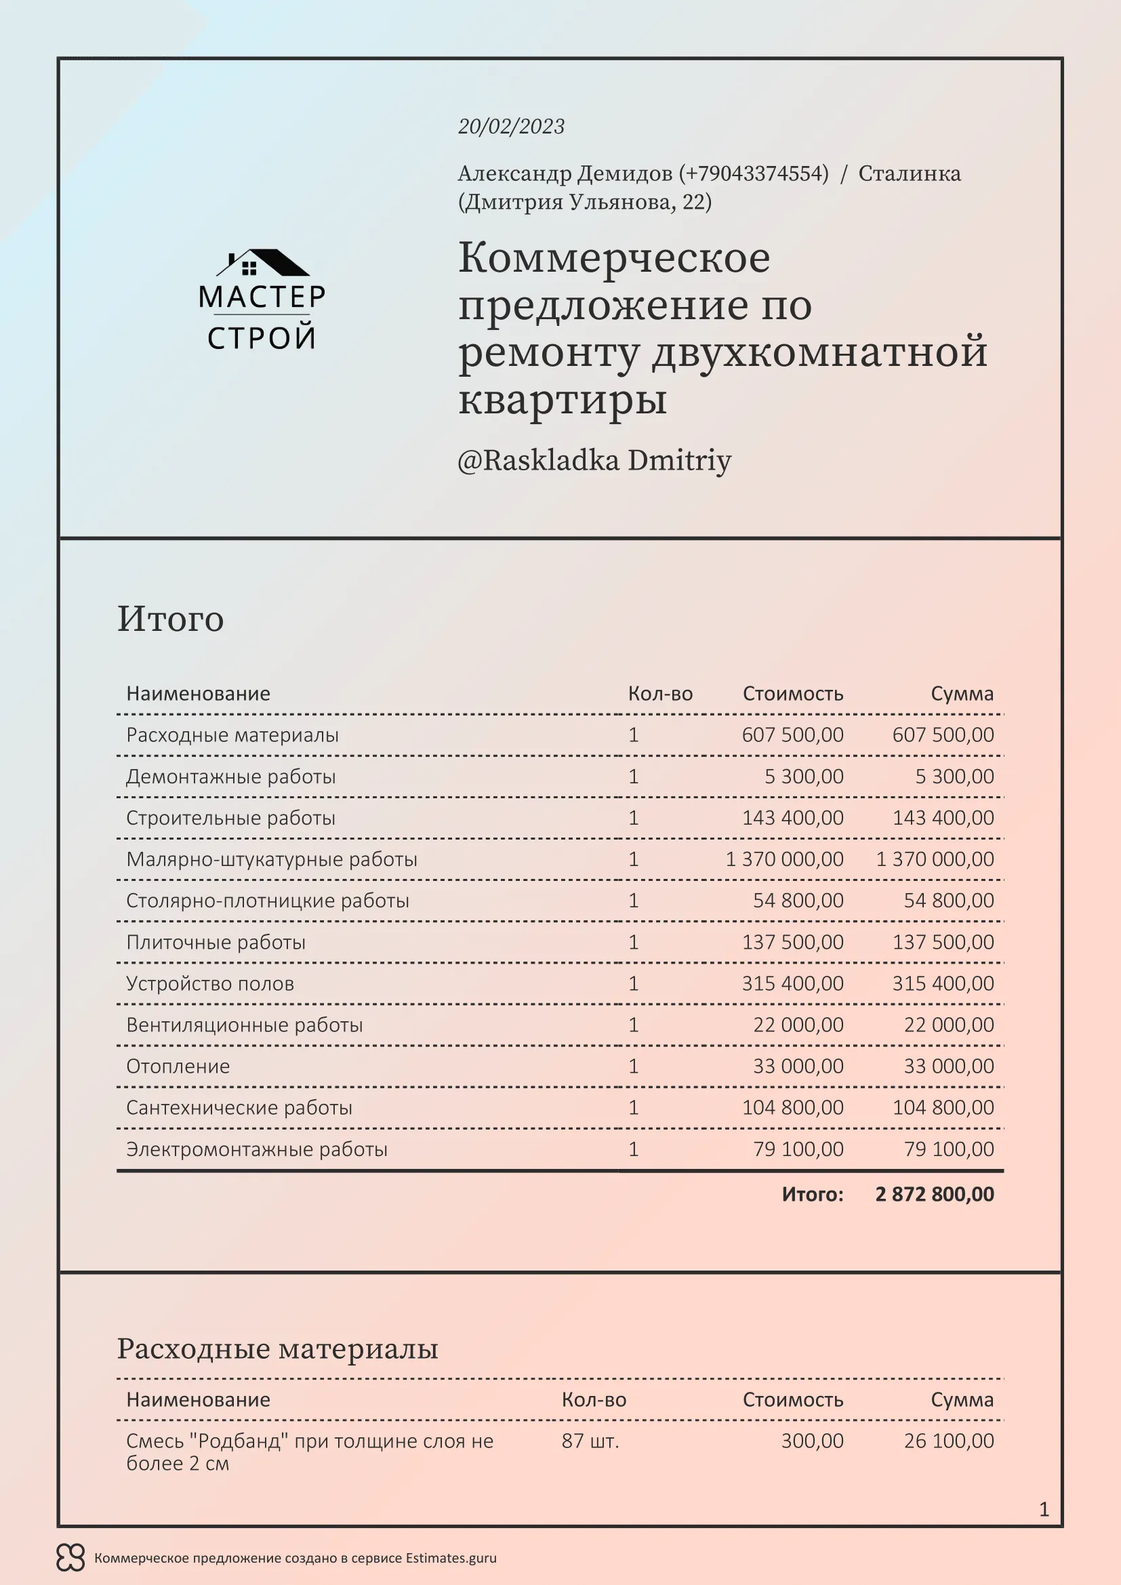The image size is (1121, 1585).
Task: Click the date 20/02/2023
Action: click(x=511, y=126)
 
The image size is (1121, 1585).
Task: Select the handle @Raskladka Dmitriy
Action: click(x=594, y=460)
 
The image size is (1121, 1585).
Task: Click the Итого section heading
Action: click(x=171, y=619)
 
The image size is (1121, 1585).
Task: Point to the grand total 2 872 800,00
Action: click(x=934, y=1194)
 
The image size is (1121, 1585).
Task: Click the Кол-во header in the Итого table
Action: click(x=660, y=694)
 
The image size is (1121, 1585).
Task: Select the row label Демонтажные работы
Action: click(x=230, y=777)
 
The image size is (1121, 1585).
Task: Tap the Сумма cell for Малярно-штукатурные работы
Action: click(x=935, y=859)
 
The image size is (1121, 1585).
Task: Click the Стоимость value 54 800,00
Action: click(x=798, y=901)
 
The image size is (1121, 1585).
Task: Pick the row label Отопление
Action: click(x=178, y=1067)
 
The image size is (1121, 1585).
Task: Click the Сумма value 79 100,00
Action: click(x=948, y=1149)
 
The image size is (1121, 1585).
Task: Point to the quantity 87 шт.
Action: click(x=590, y=1441)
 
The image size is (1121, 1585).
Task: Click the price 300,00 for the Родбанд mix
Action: click(x=812, y=1441)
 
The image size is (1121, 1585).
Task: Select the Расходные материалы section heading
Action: click(x=277, y=1349)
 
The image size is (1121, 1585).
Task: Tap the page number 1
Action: click(x=1044, y=1510)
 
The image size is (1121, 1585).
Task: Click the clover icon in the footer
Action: click(x=70, y=1558)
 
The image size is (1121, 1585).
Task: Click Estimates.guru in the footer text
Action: click(x=451, y=1558)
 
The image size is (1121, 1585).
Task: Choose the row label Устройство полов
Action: click(x=210, y=984)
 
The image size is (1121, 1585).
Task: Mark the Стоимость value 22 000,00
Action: click(x=798, y=1025)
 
